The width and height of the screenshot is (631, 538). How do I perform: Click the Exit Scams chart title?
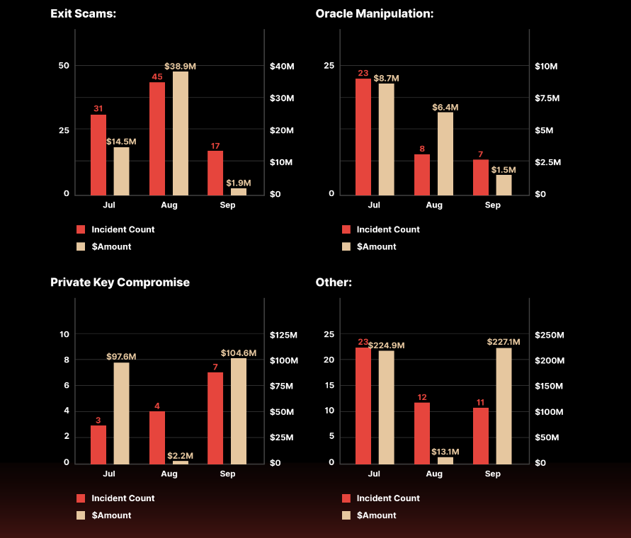pos(83,13)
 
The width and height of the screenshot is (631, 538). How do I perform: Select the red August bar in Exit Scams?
pos(157,139)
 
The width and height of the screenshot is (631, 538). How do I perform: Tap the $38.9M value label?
pos(180,66)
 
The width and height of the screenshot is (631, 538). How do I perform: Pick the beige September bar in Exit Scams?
pos(239,191)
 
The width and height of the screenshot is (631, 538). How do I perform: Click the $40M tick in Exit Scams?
pos(282,66)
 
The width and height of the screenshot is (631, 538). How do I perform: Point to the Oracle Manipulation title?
pos(374,13)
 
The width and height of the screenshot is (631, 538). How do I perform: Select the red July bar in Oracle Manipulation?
pos(363,137)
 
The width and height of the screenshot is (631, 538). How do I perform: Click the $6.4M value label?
pos(445,107)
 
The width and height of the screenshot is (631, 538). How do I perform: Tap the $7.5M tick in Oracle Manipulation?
pos(547,98)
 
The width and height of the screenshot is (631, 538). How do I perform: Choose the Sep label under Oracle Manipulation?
pos(493,205)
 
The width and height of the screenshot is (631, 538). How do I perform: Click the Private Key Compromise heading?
pos(120,282)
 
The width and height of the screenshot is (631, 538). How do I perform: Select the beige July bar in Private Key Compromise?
pos(121,413)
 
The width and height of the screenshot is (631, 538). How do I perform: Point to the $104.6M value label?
pos(239,353)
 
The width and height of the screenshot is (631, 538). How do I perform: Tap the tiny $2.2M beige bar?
pos(181,462)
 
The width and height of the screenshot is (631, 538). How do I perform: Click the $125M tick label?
pos(283,335)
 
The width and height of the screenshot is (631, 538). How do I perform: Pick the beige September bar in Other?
pos(504,406)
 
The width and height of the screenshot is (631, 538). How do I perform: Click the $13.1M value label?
pos(445,452)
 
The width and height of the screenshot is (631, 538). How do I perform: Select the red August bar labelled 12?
pos(422,433)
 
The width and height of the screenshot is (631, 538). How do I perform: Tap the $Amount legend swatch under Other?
pos(346,515)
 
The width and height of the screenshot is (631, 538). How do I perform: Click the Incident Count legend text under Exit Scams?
pos(123,229)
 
